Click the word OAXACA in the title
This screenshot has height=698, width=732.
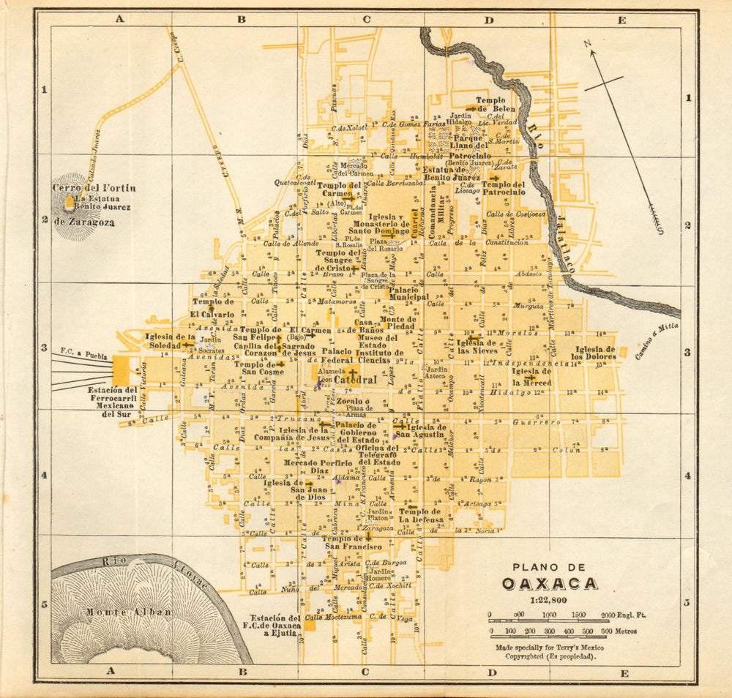[x=550, y=583]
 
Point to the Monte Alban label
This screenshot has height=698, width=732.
[x=128, y=612]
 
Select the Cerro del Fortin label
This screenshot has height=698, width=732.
[x=94, y=188]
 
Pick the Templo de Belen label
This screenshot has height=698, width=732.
[x=496, y=105]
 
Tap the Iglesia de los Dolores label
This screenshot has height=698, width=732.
[x=594, y=353]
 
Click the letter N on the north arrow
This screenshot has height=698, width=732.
[x=588, y=44]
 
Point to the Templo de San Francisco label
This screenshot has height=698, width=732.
[x=353, y=542]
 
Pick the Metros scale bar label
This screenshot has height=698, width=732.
[x=627, y=631]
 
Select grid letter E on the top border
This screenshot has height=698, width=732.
[x=621, y=20]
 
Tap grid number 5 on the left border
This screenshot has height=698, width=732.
[x=43, y=604]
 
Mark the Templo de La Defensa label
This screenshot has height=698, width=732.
[x=420, y=516]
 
